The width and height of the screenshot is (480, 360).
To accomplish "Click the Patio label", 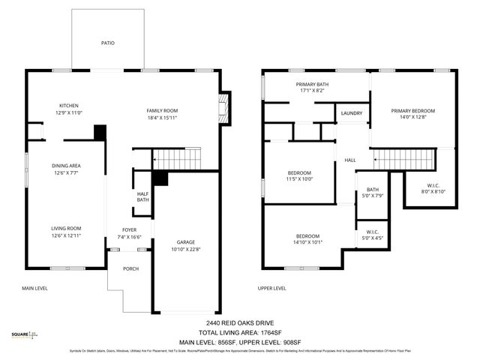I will coord(108,43).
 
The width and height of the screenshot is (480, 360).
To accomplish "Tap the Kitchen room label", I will coord(69,106).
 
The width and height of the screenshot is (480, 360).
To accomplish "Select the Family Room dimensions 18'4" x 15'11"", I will coord(162,118).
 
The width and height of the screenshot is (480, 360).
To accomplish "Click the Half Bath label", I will coord(142,196).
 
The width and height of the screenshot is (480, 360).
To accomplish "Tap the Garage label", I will coord(186,242).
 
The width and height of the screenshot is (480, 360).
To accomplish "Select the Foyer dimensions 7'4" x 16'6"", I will coord(130,237).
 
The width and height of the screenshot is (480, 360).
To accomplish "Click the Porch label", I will coord(130,268).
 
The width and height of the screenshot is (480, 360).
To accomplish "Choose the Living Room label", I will coord(66,228).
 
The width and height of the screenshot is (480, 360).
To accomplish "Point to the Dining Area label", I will coord(66,166).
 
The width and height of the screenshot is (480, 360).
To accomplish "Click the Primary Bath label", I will coord(311,84).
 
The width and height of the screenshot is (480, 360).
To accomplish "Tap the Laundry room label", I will coord(351,113).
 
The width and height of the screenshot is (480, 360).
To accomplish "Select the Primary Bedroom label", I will coord(412,110).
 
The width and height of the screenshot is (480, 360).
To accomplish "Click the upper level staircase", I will coord(404,159).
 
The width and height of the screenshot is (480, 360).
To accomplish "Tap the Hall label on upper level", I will coord(350,160).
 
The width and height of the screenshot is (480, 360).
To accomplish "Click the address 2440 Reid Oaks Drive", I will coord(239,322).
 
